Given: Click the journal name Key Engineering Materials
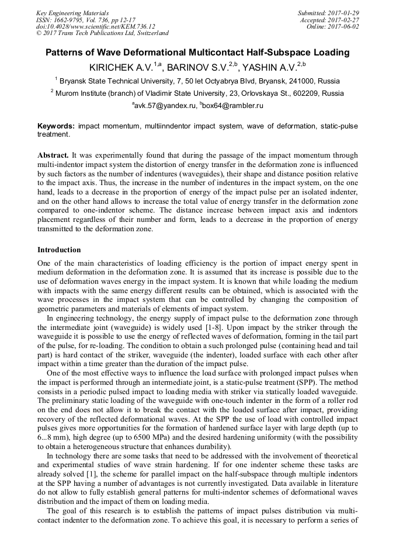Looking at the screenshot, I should coord(72,13).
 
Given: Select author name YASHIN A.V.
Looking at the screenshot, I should coord(269,67).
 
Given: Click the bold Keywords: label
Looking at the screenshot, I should coord(56,126).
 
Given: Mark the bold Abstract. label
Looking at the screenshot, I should coord(53,157).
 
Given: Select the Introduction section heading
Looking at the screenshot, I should coord(59,250).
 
